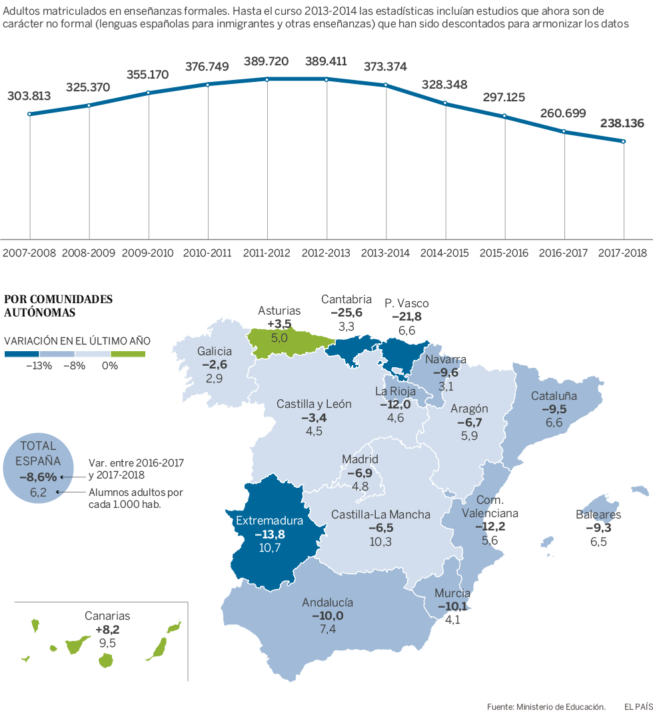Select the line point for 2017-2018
[624, 141]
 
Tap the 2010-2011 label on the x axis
[207, 253]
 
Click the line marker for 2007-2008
[29, 114]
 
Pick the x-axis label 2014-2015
[444, 253]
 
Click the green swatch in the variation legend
[128, 353]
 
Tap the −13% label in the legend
[38, 365]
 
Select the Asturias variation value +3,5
[279, 324]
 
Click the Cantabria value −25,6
[346, 313]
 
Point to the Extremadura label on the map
[269, 521]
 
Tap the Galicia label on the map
[214, 352]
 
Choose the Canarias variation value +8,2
[107, 629]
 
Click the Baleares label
[598, 514]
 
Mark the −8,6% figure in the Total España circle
[37, 477]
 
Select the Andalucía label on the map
[327, 602]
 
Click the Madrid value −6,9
[360, 472]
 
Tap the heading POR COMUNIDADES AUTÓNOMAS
[58, 305]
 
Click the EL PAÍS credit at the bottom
[638, 706]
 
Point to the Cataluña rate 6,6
[554, 422]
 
